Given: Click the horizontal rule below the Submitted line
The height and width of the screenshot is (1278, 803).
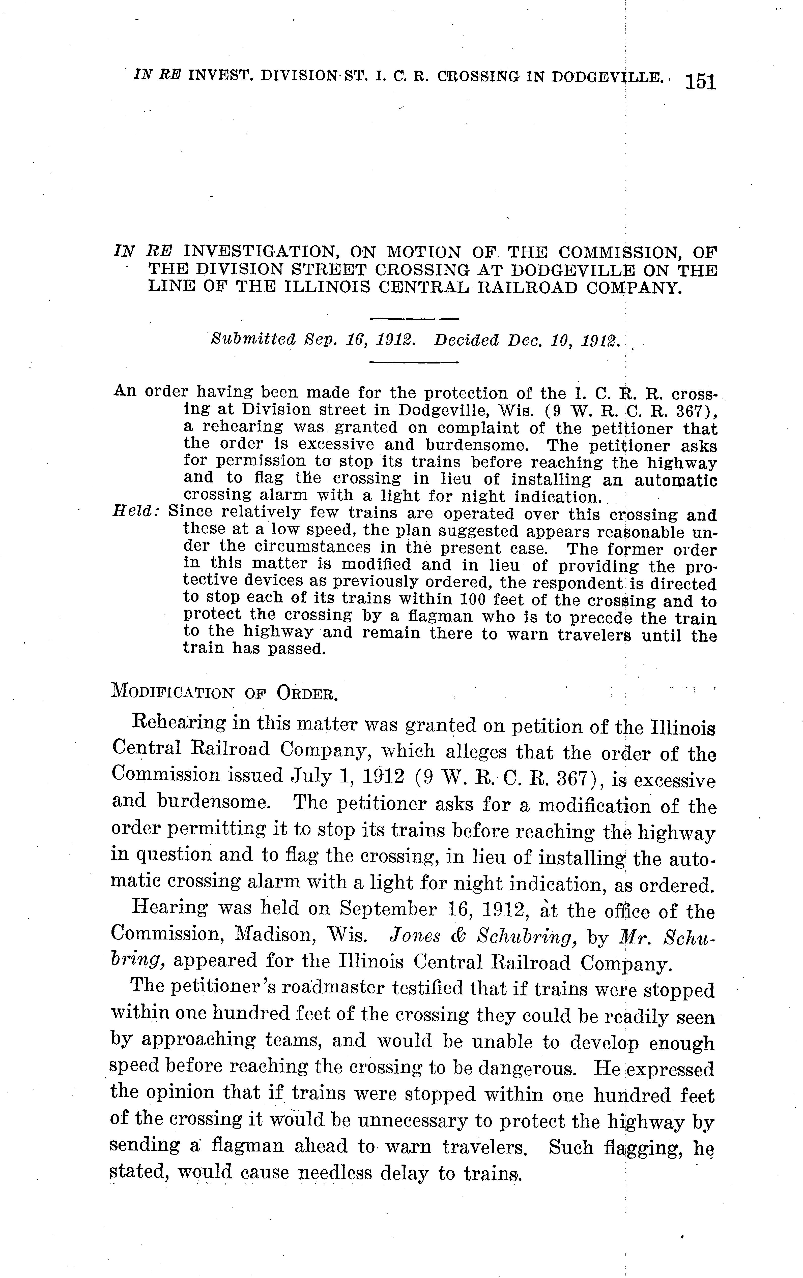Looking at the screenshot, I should (x=413, y=362).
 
